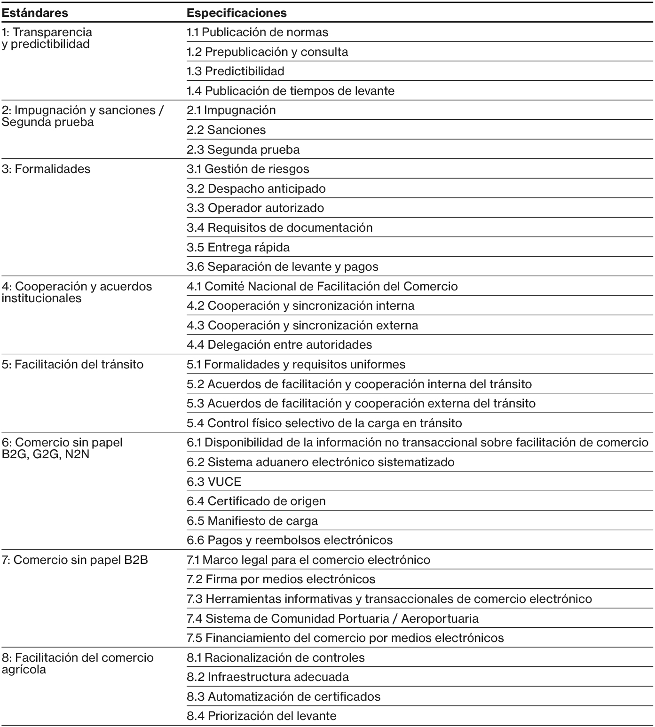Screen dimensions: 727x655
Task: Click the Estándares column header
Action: pyautogui.click(x=35, y=13)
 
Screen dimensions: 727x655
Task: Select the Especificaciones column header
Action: pyautogui.click(x=237, y=13)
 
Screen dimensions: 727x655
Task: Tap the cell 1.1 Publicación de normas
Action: pyautogui.click(x=257, y=32)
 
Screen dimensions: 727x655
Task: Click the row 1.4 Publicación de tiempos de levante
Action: pyautogui.click(x=290, y=91)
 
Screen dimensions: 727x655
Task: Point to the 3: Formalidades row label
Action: pyautogui.click(x=46, y=169)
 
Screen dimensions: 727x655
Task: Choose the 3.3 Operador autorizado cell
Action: pyautogui.click(x=255, y=208)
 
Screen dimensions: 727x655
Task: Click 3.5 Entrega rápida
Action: pyautogui.click(x=238, y=247)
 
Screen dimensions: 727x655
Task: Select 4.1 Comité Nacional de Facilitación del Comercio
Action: pyautogui.click(x=322, y=286)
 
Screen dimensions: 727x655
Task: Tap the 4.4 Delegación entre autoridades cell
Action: pyautogui.click(x=279, y=344)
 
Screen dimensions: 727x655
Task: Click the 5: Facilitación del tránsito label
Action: pyautogui.click(x=72, y=365)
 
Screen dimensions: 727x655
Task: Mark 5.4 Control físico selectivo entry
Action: pyautogui.click(x=324, y=423)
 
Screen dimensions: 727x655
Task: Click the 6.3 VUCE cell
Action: pyautogui.click(x=214, y=482)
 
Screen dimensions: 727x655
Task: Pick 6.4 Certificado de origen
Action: pyautogui.click(x=256, y=501)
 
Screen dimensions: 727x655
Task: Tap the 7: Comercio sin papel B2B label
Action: pyautogui.click(x=75, y=560)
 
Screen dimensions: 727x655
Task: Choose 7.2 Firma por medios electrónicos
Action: pyautogui.click(x=281, y=579)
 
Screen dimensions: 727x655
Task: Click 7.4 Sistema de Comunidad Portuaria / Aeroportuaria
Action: pyautogui.click(x=332, y=618)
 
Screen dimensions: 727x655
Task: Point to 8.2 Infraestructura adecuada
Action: pyautogui.click(x=268, y=677)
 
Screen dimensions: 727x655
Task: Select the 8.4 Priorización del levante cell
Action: pyautogui.click(x=261, y=716)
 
